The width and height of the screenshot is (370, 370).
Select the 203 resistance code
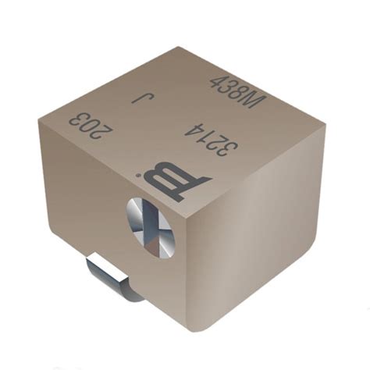click(91, 125)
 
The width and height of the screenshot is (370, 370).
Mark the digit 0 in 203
click(92, 125)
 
